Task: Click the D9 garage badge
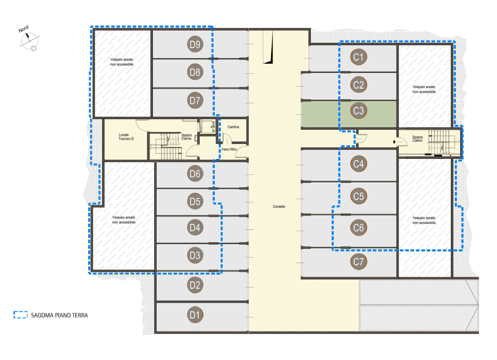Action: point(195,44)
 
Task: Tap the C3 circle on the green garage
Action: point(358,110)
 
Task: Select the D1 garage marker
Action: point(195,315)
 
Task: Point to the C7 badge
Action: point(358,262)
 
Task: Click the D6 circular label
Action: point(195,174)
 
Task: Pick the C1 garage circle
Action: point(358,57)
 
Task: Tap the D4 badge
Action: point(195,228)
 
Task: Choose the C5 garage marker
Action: point(358,196)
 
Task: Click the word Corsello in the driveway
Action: point(279,206)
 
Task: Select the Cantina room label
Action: point(233,127)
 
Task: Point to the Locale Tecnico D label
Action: point(126,137)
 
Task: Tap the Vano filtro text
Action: point(229,149)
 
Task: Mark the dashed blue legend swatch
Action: point(21,315)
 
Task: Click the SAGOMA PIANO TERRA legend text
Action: point(60,315)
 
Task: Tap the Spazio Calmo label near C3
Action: point(418,138)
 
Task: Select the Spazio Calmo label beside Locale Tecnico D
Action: point(187,137)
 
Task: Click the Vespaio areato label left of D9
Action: point(122,62)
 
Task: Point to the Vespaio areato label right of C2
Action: point(424,89)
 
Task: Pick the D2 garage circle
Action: point(195,285)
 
